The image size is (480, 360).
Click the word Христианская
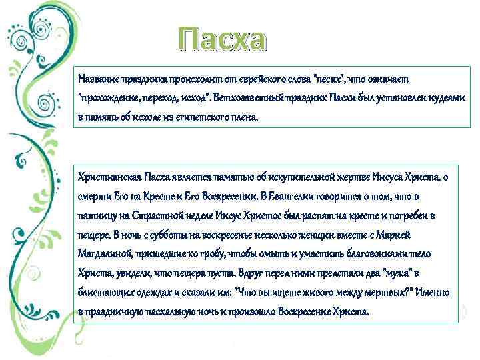tap(109, 177)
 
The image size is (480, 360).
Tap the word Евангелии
tap(294, 196)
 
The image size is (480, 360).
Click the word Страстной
tap(163, 215)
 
